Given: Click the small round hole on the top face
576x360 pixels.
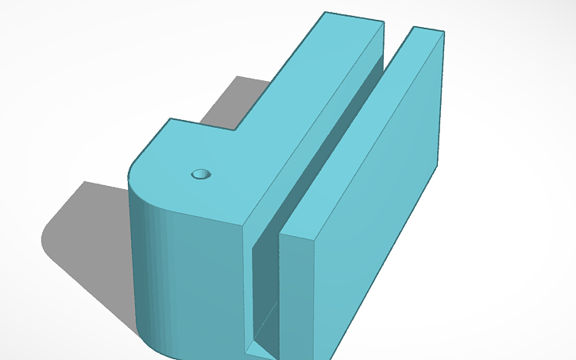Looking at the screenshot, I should tap(201, 173).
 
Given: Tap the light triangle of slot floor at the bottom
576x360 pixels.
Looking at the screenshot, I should tap(258, 348).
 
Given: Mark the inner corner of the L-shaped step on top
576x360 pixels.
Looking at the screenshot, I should tap(237, 130).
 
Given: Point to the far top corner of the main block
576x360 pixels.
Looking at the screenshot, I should tap(325, 12).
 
